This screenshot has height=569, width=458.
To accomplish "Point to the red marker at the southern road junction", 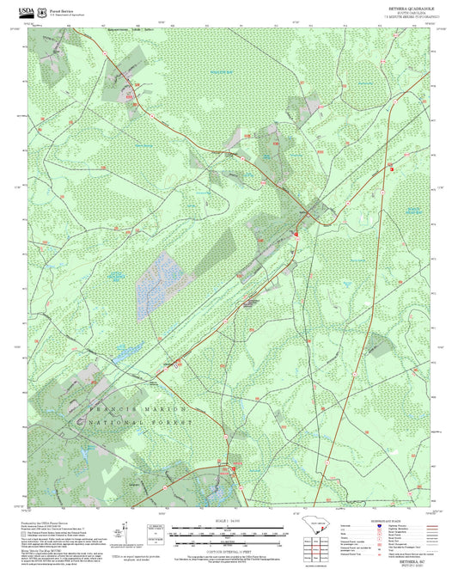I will point(234,469).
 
